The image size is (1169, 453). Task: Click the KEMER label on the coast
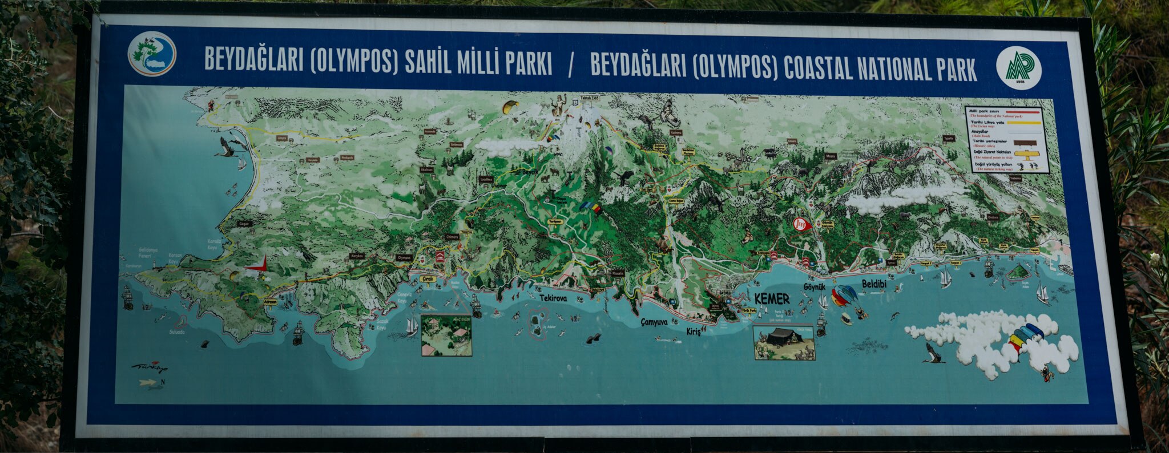772,299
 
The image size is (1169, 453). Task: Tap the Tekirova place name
553,297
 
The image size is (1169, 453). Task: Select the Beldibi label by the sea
874,284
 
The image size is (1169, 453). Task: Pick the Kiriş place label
693,331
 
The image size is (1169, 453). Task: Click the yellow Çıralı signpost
428,280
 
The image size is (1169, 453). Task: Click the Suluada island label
177,332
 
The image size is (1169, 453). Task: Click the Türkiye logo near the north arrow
150,367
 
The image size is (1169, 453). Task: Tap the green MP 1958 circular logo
1019,68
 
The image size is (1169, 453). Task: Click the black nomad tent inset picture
784,342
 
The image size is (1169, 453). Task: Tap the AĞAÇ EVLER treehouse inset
446,335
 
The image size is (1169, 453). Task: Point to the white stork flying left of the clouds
933,354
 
